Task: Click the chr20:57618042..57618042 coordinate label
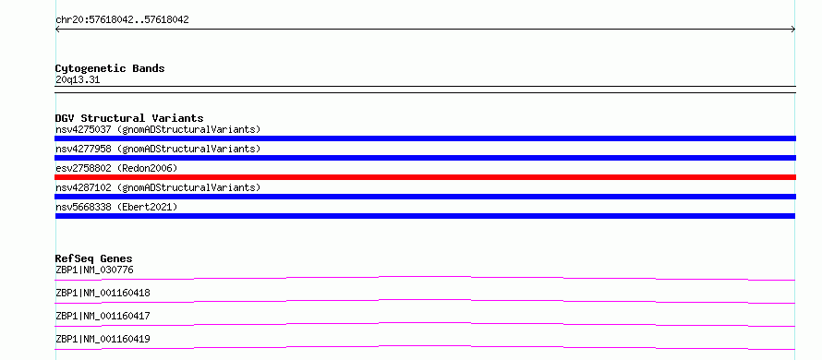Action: pyautogui.click(x=122, y=20)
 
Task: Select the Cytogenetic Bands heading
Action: pyautogui.click(x=110, y=68)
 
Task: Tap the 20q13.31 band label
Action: pyautogui.click(x=78, y=80)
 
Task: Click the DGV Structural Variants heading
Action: pyautogui.click(x=129, y=118)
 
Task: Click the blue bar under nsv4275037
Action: pyautogui.click(x=425, y=138)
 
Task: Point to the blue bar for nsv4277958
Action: pyautogui.click(x=425, y=158)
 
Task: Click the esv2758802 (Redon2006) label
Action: pyautogui.click(x=116, y=168)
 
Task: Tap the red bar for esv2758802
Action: pyautogui.click(x=425, y=177)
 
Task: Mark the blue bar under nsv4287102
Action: pyautogui.click(x=425, y=197)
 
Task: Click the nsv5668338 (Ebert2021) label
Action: pyautogui.click(x=116, y=207)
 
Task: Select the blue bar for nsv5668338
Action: pyautogui.click(x=425, y=216)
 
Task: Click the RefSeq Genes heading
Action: pyautogui.click(x=94, y=258)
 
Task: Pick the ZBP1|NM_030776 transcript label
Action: pyautogui.click(x=94, y=270)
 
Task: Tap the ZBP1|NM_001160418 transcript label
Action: pyautogui.click(x=103, y=293)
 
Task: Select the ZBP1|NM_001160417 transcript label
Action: pyautogui.click(x=103, y=316)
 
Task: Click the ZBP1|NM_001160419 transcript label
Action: pyautogui.click(x=103, y=339)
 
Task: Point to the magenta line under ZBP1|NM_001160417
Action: pyautogui.click(x=425, y=323)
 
